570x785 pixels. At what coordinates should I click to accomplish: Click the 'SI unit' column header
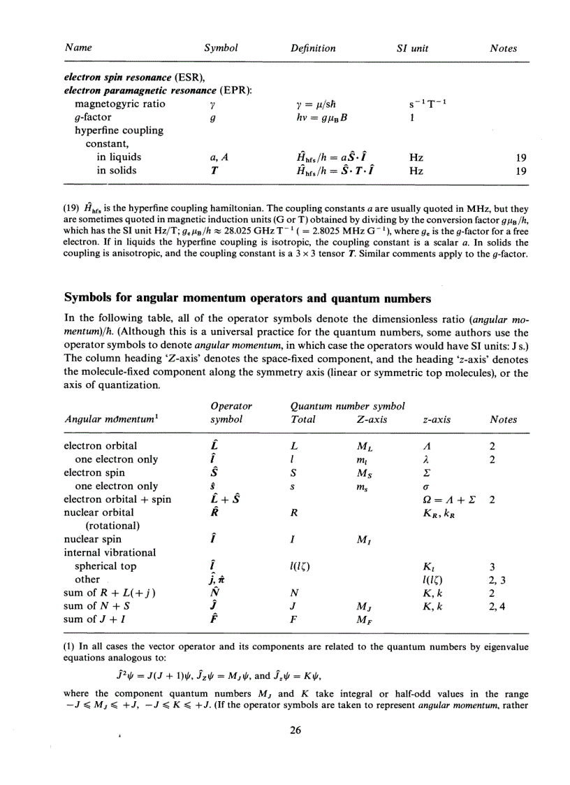[x=411, y=49]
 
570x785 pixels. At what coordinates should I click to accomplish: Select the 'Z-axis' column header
[x=364, y=419]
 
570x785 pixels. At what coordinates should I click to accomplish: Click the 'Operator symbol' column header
[x=231, y=413]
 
